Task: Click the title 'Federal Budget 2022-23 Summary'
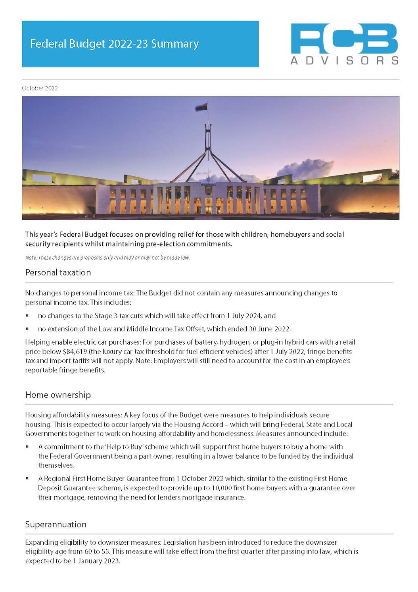114,44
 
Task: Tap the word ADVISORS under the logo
344,61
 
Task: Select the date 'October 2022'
40,88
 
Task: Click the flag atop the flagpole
201,107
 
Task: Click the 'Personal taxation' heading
58,272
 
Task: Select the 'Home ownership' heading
58,395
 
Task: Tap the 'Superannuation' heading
56,524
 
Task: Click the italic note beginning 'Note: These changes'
107,258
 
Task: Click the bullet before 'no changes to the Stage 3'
27,316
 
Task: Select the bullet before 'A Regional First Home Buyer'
27,479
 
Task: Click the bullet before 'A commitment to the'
27,447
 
